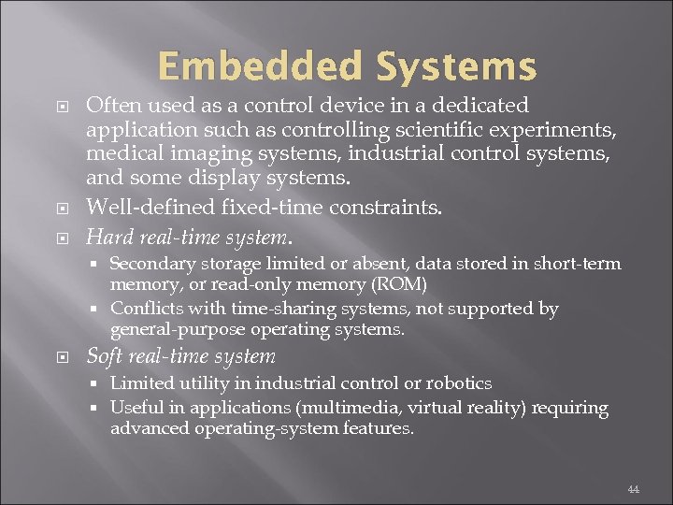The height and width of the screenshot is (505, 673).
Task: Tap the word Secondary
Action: coord(150,264)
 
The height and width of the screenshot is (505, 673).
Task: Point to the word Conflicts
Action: coord(145,309)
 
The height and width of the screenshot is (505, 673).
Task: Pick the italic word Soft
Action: coord(104,356)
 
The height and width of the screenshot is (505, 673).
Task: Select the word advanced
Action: coord(150,428)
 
